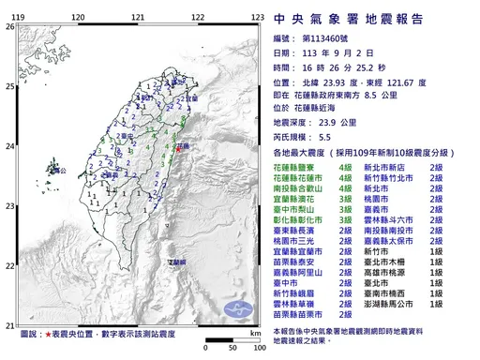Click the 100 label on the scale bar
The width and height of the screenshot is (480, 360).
(x=254, y=346)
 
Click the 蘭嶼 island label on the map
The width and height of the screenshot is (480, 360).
(x=177, y=262)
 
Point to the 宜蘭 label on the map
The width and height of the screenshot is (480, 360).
(x=192, y=97)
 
